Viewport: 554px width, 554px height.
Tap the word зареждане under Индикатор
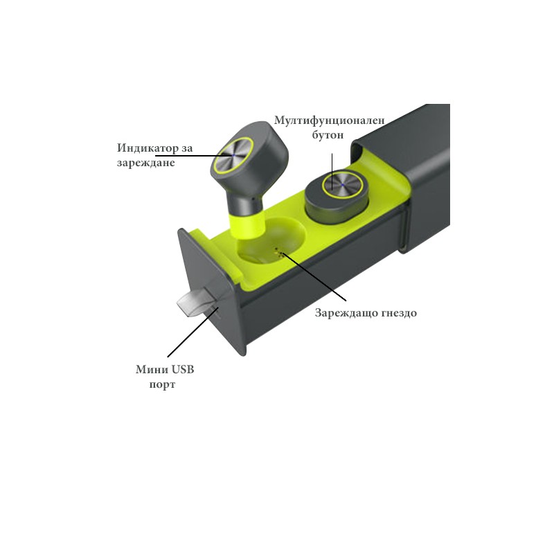coord(146,163)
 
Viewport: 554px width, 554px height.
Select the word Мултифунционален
coord(330,120)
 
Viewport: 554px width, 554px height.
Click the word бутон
coord(328,135)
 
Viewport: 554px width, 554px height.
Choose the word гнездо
coord(396,313)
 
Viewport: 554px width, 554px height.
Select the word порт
coord(162,384)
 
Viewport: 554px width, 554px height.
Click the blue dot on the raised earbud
coord(233,155)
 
